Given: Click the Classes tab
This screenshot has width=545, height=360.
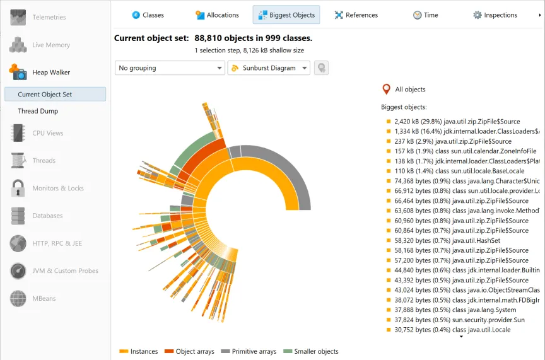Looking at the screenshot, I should tap(148, 15).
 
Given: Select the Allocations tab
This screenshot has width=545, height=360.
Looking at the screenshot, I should tap(217, 15).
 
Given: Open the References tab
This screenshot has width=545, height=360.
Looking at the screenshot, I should tap(356, 15).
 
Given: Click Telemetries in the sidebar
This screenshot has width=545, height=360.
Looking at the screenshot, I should tap(49, 17).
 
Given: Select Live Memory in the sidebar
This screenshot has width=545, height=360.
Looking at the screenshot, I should tap(51, 45).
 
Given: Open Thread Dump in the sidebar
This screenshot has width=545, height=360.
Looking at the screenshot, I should tap(38, 111).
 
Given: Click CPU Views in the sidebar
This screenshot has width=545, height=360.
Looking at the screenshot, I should tap(48, 133).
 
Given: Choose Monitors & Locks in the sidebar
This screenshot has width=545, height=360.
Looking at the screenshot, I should tap(58, 188).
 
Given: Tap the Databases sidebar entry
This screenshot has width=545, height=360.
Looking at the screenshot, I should tap(47, 216).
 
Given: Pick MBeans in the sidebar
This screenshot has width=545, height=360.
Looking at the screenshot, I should tap(44, 298).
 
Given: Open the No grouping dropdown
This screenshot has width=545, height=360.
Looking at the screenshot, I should tap(170, 68).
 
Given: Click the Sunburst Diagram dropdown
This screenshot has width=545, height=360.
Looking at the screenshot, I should tap(269, 68).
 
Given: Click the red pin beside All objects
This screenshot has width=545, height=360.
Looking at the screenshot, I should tap(387, 90).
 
